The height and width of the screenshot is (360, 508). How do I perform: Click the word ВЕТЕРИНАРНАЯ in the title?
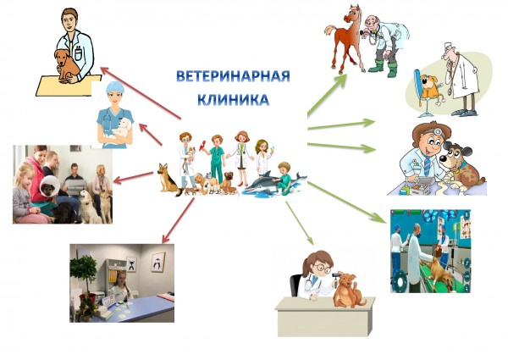233,76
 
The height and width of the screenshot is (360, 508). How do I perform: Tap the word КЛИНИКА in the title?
234,100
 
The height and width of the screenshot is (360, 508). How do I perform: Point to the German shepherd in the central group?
168,179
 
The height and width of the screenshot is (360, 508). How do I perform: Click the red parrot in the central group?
203,146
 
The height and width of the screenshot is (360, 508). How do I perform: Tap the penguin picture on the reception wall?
158,262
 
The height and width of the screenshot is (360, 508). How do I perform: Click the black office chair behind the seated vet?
295,285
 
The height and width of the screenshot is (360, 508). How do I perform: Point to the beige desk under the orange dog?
324,317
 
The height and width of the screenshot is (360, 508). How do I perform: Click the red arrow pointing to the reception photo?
178,220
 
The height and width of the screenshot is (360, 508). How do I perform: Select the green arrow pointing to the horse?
327,95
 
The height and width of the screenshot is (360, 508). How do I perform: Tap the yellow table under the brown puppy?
69,86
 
